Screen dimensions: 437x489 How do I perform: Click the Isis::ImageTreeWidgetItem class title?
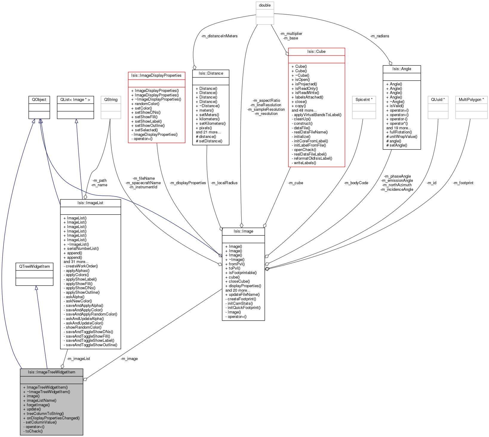pyautogui.click(x=51, y=372)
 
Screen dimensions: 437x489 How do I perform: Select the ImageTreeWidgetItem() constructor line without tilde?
pyautogui.click(x=47, y=387)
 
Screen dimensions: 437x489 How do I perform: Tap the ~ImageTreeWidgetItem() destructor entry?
pyautogui.click(x=48, y=392)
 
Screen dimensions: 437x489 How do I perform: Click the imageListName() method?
pyautogui.click(x=41, y=401)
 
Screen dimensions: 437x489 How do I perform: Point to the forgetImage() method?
pyautogui.click(x=38, y=405)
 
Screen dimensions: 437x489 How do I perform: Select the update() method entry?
pyautogui.click(x=33, y=409)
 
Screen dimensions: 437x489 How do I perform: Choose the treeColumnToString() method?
pyautogui.click(x=45, y=414)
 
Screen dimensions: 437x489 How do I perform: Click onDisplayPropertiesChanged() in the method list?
pyautogui.click(x=53, y=418)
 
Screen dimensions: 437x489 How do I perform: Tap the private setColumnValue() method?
pyautogui.click(x=41, y=422)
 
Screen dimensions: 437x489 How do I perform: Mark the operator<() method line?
pyautogui.click(x=35, y=427)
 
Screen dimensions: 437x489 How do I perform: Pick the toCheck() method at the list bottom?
pyautogui.click(x=34, y=431)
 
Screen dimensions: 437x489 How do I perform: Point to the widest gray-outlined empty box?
pyautogui.click(x=471, y=107)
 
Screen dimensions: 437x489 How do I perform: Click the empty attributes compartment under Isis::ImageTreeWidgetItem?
pyautogui.click(x=51, y=380)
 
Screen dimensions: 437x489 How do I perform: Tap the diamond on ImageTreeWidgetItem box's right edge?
pyautogui.click(x=85, y=379)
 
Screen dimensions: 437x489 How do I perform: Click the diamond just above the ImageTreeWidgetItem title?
pyautogui.click(x=62, y=366)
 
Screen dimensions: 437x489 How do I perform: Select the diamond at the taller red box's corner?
pyautogui.click(x=287, y=54)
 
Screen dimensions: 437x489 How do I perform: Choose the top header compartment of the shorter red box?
pyautogui.click(x=156, y=76)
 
